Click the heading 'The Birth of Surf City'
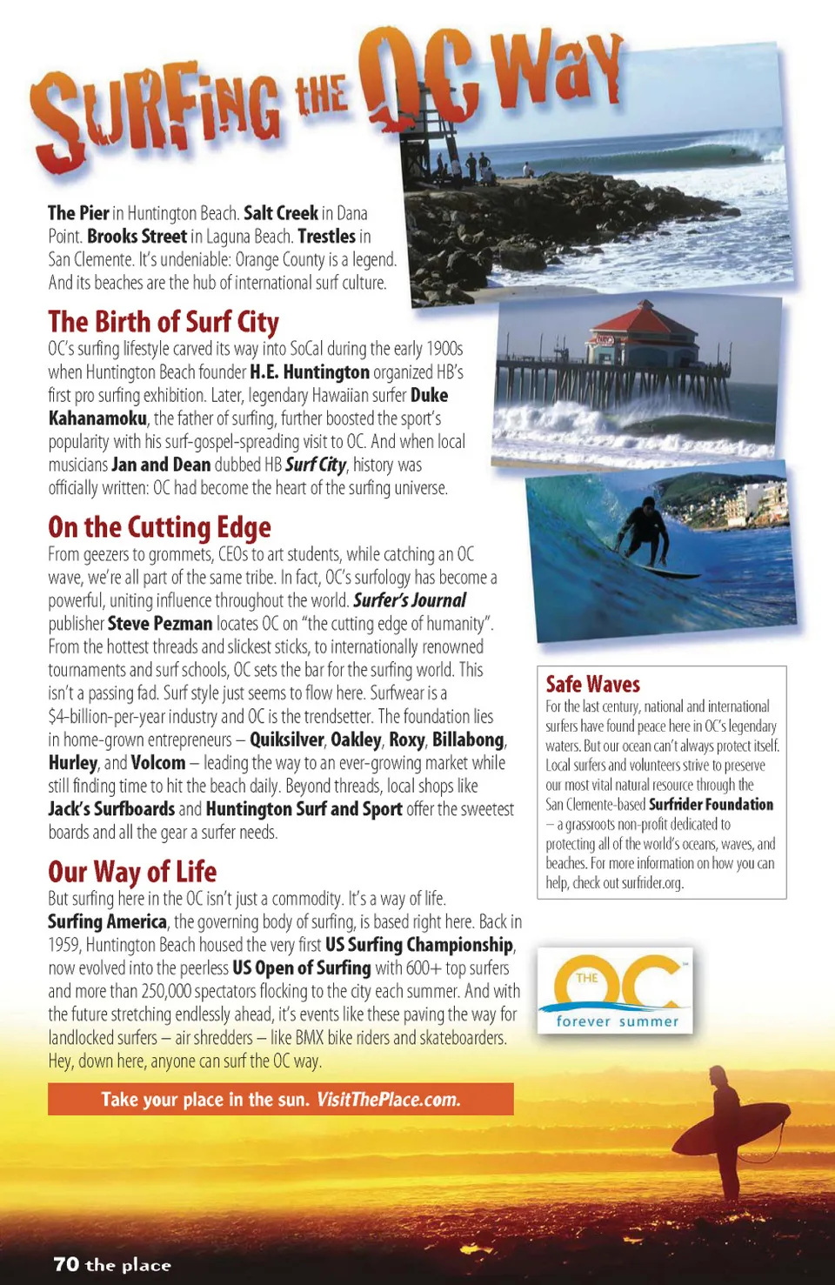pyautogui.click(x=164, y=322)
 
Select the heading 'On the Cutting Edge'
pyautogui.click(x=159, y=527)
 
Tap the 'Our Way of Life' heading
pyautogui.click(x=132, y=872)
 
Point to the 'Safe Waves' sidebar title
pyautogui.click(x=592, y=685)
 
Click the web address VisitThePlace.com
pyautogui.click(x=388, y=1100)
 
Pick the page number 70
pyautogui.click(x=66, y=1264)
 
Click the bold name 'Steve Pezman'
pyautogui.click(x=160, y=624)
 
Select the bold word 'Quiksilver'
pyautogui.click(x=286, y=740)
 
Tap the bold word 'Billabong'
pyautogui.click(x=468, y=740)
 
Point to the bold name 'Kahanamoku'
pyautogui.click(x=97, y=418)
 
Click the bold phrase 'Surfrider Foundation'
pyautogui.click(x=711, y=805)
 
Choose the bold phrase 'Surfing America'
pyautogui.click(x=107, y=922)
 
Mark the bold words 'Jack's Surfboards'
pyautogui.click(x=111, y=810)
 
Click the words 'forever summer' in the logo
pyautogui.click(x=617, y=1021)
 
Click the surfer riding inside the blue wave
pyautogui.click(x=645, y=539)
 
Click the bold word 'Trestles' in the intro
pyautogui.click(x=326, y=237)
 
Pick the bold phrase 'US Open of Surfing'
pyautogui.click(x=301, y=968)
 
